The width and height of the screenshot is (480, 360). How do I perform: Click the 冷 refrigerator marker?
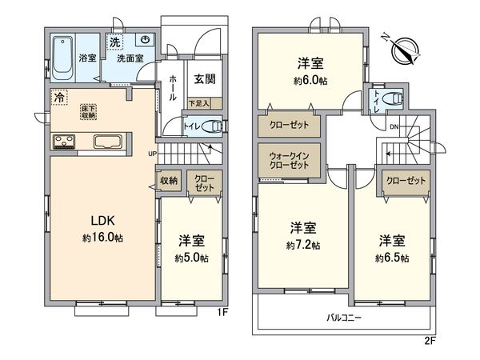[x=58, y=97]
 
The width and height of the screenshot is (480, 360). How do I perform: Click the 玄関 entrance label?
[x=204, y=79]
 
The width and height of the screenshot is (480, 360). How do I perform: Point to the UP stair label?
[x=152, y=154]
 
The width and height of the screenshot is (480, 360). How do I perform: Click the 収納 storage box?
[x=169, y=181]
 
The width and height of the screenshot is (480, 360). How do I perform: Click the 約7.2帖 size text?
[x=304, y=244]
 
